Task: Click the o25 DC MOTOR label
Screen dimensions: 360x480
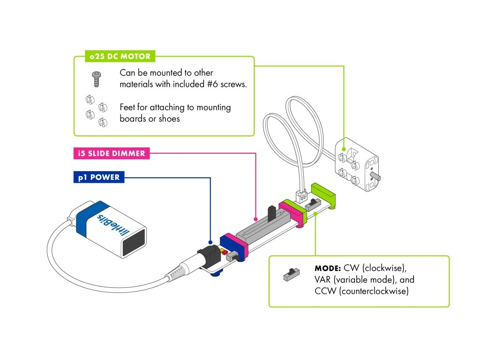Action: click(x=120, y=57)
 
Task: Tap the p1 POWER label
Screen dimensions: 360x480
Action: click(x=98, y=178)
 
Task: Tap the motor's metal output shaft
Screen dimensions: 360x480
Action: click(x=375, y=177)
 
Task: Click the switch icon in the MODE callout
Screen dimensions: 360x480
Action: click(x=292, y=274)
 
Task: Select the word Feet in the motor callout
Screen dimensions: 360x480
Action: click(x=128, y=107)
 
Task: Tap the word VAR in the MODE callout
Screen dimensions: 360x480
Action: click(x=324, y=280)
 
